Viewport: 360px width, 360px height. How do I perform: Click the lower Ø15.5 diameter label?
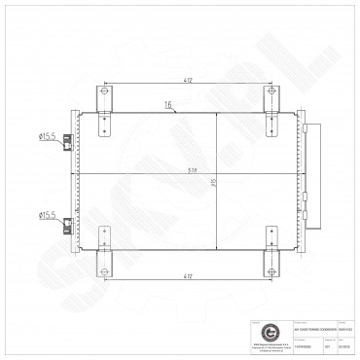click(x=47, y=215)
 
